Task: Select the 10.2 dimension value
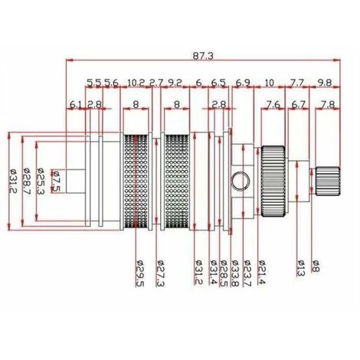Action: pyautogui.click(x=137, y=81)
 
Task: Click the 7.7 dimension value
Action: pyautogui.click(x=296, y=81)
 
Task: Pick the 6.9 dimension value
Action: pyautogui.click(x=243, y=81)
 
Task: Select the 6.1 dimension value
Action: pyautogui.click(x=76, y=104)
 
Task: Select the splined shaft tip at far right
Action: pyautogui.click(x=328, y=181)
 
